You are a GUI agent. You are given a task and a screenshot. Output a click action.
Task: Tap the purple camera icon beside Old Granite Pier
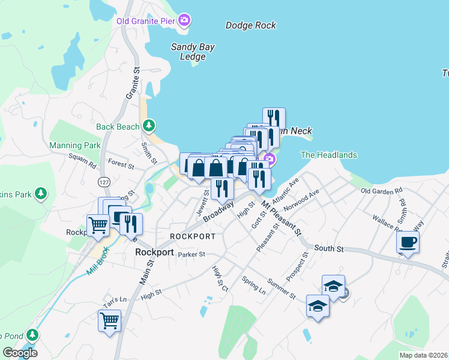(x=185, y=20)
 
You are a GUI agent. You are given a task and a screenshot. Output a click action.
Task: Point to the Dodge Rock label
(x=250, y=25)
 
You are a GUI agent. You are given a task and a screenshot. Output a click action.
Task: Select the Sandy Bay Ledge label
(x=193, y=52)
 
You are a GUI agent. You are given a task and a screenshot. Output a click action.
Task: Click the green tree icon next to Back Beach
(x=148, y=126)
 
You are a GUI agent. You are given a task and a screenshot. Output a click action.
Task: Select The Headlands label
(x=328, y=155)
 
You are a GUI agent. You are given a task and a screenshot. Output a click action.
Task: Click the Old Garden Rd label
(x=381, y=191)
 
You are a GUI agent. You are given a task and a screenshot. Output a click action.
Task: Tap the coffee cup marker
(x=408, y=242)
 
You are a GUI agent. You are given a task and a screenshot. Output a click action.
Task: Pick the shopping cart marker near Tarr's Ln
(x=109, y=320)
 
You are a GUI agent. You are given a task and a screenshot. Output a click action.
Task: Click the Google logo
(x=20, y=353)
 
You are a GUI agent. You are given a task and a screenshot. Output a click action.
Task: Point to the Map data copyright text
(x=423, y=355)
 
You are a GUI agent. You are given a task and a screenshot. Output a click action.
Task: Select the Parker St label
(x=191, y=254)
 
